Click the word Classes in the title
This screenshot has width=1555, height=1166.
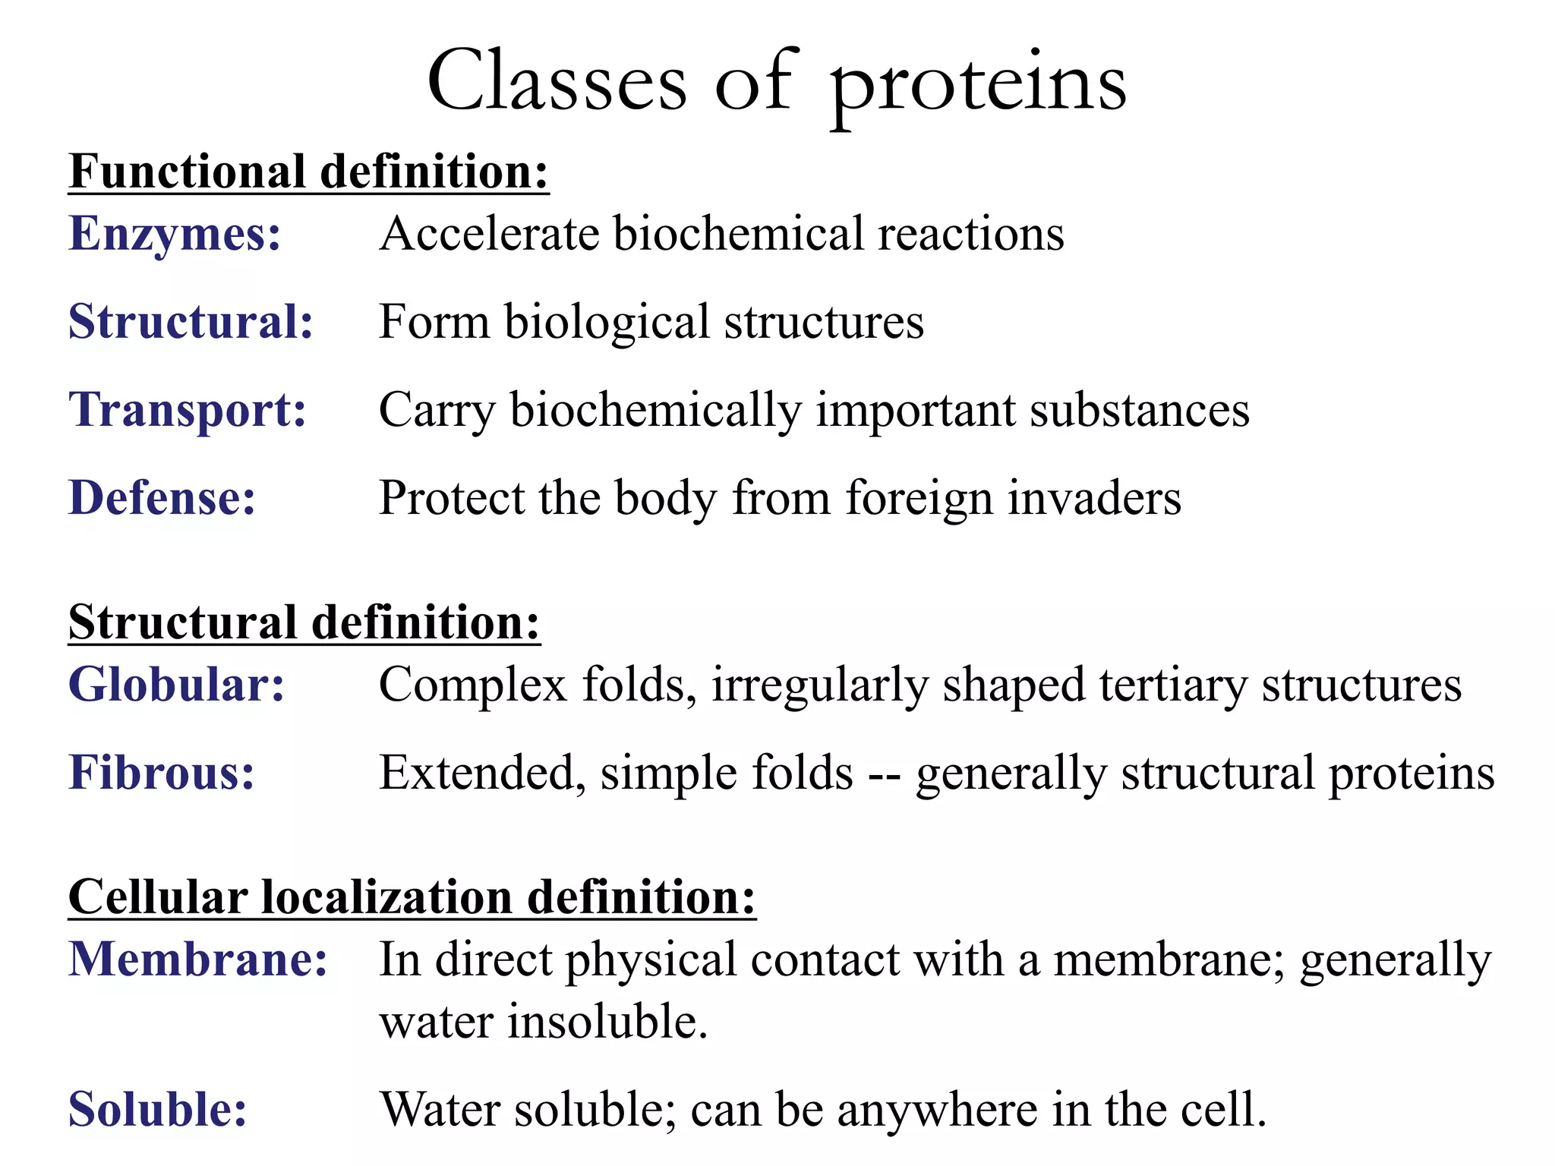coord(557,82)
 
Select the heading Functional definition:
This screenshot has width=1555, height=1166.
coord(308,172)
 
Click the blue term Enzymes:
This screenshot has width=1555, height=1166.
coord(175,234)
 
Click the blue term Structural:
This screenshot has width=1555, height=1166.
coord(191,322)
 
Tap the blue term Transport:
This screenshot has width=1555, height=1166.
coord(188,411)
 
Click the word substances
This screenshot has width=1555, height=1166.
coord(1139,411)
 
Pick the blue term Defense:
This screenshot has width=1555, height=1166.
coord(162,499)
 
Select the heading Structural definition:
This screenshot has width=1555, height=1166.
coord(304,623)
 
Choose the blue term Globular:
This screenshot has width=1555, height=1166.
coord(176,685)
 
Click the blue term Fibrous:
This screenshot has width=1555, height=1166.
coord(161,774)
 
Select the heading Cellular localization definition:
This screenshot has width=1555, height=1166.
coord(412,898)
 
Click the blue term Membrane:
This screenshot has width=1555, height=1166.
coord(197,960)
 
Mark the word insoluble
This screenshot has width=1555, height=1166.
coord(607,1022)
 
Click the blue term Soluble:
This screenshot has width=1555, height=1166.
coord(158,1111)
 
